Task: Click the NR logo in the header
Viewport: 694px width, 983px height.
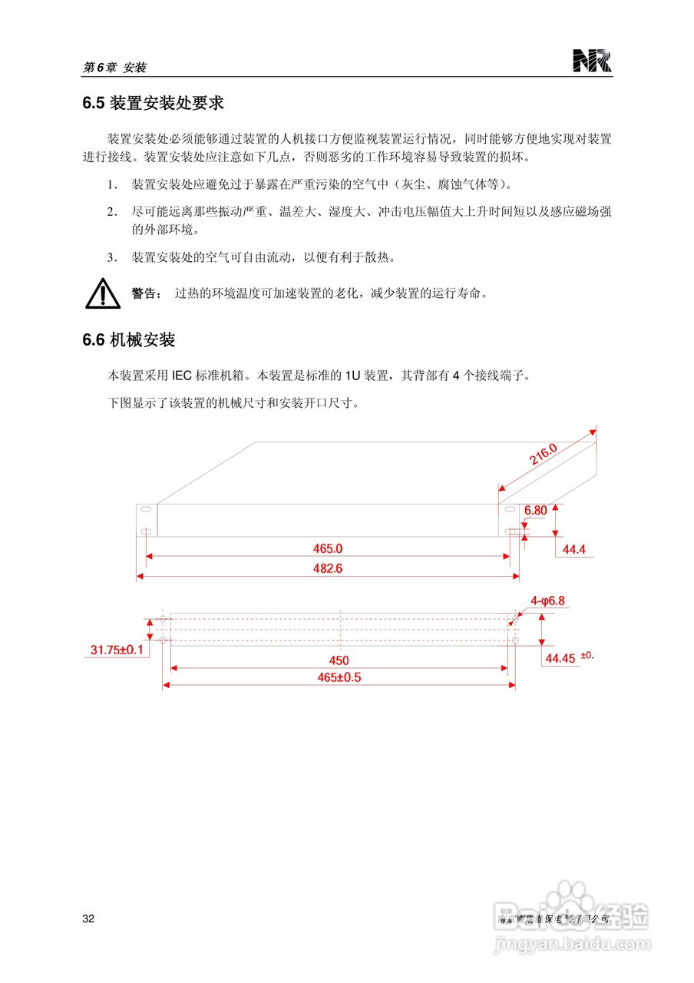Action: tap(592, 61)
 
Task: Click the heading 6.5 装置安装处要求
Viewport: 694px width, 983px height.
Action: tap(153, 103)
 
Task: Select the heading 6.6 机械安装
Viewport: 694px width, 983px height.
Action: tap(128, 339)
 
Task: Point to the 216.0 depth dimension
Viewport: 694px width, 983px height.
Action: tap(543, 455)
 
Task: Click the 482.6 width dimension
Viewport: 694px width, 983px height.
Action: tap(328, 568)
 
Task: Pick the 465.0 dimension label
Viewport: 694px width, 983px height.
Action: tap(328, 548)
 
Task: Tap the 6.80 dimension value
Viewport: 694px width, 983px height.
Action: tap(536, 510)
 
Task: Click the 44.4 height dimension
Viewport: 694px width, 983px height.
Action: tap(574, 550)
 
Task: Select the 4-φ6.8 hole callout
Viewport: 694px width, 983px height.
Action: tap(547, 601)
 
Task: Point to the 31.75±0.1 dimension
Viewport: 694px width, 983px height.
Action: tap(117, 650)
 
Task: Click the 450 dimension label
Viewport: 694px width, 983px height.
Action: tap(339, 660)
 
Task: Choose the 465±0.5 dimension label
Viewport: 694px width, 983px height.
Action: tap(339, 677)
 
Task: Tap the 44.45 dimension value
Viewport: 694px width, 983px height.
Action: tap(560, 659)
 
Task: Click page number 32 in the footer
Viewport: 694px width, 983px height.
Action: tap(88, 919)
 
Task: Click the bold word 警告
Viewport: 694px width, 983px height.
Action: tap(145, 293)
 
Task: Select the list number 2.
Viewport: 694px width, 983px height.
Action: tap(111, 211)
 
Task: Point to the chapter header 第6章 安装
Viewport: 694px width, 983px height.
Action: tap(114, 68)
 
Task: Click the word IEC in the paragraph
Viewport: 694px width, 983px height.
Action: tap(182, 376)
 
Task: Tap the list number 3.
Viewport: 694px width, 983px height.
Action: tap(111, 257)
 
